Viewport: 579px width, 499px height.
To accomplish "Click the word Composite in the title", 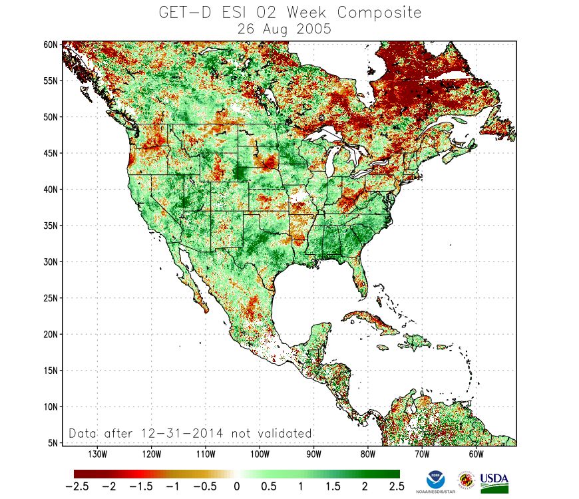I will pos(379,13).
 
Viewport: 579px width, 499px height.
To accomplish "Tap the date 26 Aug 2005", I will pos(289,29).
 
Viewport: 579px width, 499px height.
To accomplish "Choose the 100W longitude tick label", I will pos(260,454).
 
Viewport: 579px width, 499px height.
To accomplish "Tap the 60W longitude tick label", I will pos(475,454).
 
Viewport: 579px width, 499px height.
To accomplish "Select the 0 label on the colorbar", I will pos(237,486).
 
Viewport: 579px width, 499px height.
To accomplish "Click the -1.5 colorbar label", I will pos(141,486).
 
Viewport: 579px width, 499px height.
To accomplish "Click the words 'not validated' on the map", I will pos(272,433).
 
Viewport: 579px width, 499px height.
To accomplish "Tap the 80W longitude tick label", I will pos(367,454).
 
